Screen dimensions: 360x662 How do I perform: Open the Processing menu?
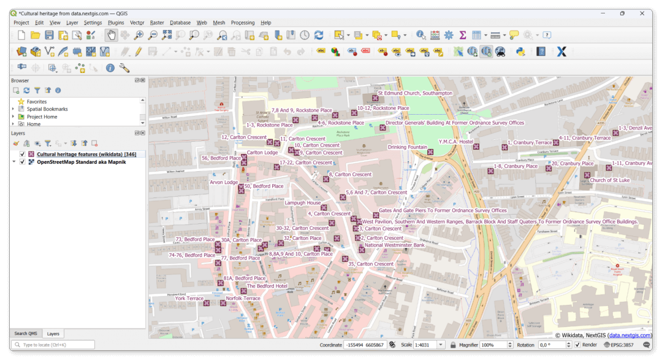(x=243, y=23)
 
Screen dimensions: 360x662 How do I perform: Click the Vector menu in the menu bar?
(x=137, y=23)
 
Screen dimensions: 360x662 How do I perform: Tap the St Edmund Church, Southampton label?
(x=415, y=93)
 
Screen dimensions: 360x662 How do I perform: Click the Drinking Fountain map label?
(x=408, y=147)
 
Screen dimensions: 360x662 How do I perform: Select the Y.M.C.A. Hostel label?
(x=456, y=142)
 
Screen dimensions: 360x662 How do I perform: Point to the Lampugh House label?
(x=303, y=203)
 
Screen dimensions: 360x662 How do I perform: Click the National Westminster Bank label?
(x=394, y=245)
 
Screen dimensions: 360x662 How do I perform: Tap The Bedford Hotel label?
(x=267, y=286)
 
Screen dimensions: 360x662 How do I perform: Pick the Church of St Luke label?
(x=610, y=180)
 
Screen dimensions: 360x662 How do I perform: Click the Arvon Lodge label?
(x=224, y=182)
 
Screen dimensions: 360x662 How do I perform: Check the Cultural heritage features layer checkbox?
(x=22, y=154)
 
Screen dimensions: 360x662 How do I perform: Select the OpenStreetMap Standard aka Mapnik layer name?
(x=82, y=162)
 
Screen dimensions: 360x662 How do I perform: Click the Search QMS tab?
(x=25, y=334)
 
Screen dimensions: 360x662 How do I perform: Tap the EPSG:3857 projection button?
(x=621, y=345)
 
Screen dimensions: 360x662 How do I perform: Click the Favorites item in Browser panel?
(x=36, y=102)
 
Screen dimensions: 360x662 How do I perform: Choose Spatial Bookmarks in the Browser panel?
(x=47, y=109)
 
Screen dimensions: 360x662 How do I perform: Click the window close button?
(x=642, y=13)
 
